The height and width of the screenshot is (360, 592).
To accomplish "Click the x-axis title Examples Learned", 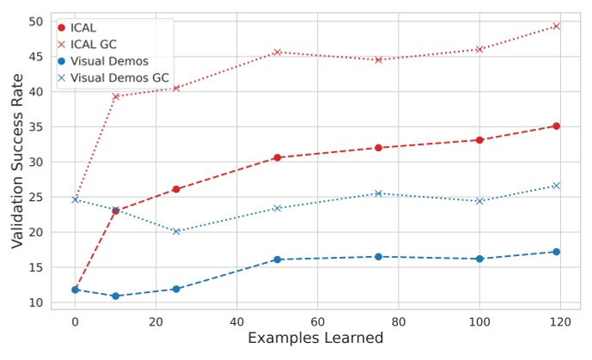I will (x=315, y=339).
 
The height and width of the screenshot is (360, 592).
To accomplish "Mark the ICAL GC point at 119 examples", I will (x=556, y=26).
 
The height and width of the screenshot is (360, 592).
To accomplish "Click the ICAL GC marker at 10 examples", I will (x=115, y=96).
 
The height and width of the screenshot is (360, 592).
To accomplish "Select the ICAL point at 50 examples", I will (x=277, y=157).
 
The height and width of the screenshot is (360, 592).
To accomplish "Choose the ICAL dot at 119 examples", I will (x=556, y=125).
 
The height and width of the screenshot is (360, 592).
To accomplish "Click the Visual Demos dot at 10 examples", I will (x=115, y=296).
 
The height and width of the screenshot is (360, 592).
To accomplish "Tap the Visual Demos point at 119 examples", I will (x=556, y=252).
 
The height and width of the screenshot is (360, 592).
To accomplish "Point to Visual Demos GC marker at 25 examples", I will (x=176, y=231).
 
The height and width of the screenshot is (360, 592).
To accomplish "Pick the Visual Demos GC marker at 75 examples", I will (x=378, y=193).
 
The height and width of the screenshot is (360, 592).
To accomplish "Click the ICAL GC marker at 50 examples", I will (x=277, y=52).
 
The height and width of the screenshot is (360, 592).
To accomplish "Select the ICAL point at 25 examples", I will (x=176, y=189).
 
